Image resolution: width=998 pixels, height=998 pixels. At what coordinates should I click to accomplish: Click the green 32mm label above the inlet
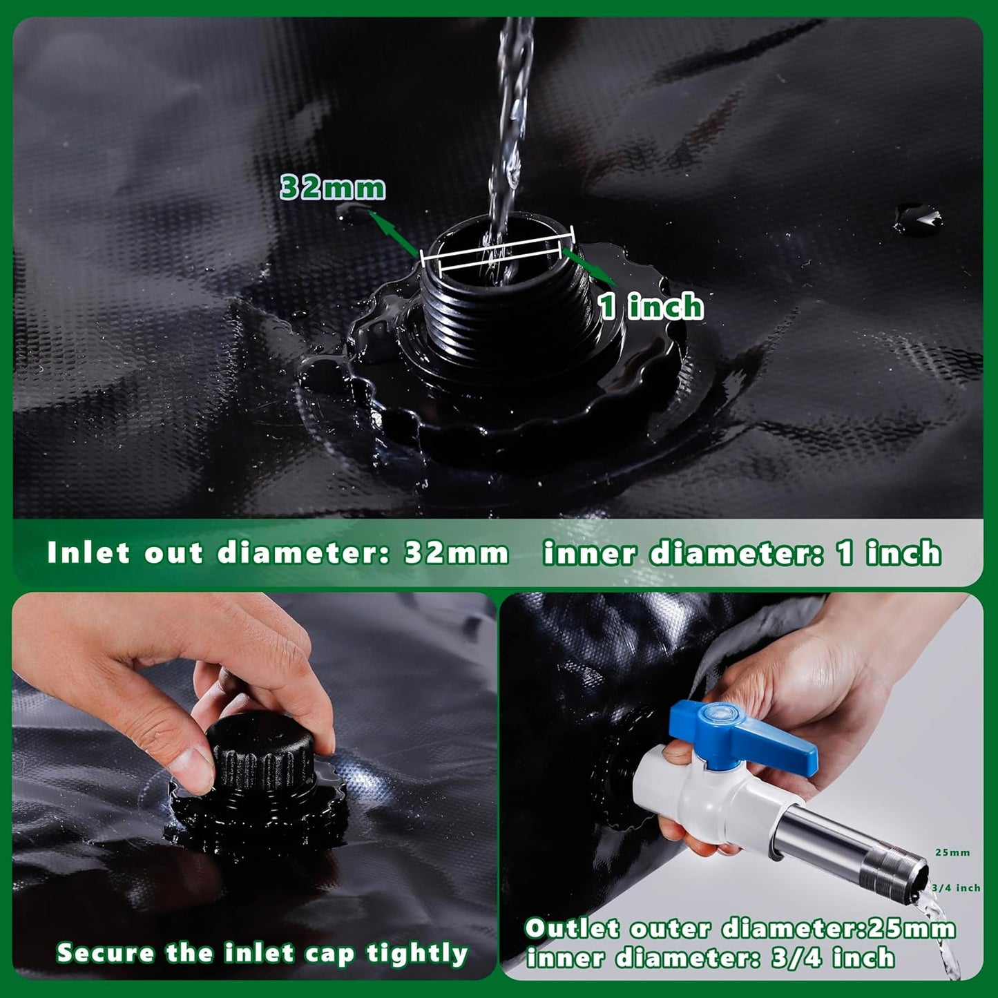click(332, 188)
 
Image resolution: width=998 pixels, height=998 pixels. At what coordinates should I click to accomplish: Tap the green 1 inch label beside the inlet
click(651, 306)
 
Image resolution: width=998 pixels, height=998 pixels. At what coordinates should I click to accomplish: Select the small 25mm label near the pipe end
click(952, 852)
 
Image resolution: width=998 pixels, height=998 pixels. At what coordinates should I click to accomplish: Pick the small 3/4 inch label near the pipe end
click(956, 887)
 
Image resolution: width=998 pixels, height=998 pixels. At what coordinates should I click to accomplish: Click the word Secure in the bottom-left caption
click(106, 953)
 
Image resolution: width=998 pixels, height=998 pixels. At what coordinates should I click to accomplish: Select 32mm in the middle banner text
click(456, 553)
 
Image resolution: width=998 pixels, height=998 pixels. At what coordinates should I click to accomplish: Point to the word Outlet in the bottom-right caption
click(572, 929)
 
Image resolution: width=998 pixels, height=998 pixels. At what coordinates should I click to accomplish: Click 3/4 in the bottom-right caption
click(795, 958)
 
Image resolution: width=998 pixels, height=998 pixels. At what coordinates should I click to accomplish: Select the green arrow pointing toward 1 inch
click(591, 268)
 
